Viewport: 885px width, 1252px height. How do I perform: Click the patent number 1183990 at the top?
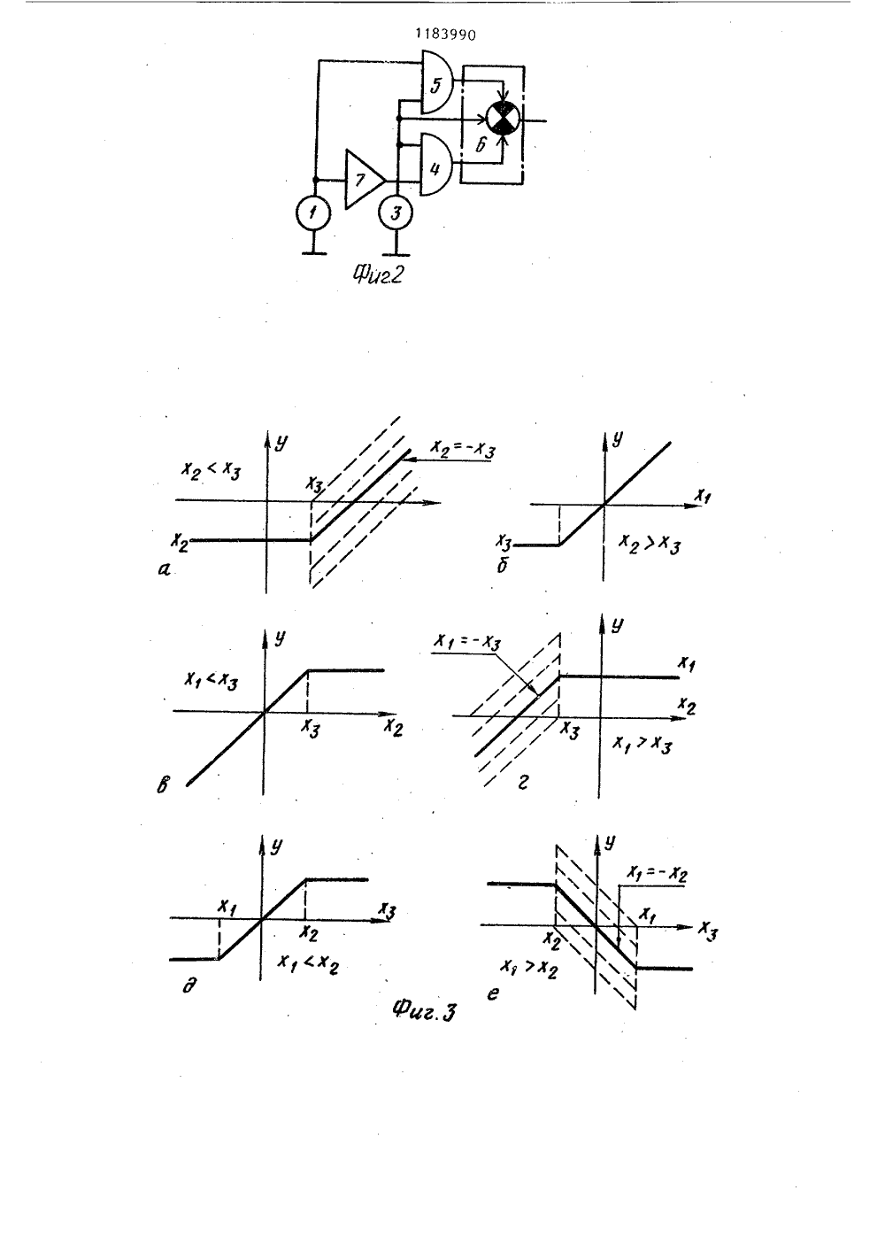[445, 35]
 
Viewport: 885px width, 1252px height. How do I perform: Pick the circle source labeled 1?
[313, 213]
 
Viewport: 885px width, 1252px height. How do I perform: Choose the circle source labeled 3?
[396, 213]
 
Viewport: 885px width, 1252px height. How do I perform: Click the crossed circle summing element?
[504, 119]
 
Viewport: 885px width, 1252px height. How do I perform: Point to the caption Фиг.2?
[378, 274]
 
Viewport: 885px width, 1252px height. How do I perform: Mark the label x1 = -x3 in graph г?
[467, 643]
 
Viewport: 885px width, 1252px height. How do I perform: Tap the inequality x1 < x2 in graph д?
[307, 963]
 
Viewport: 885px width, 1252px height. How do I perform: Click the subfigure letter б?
[502, 567]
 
